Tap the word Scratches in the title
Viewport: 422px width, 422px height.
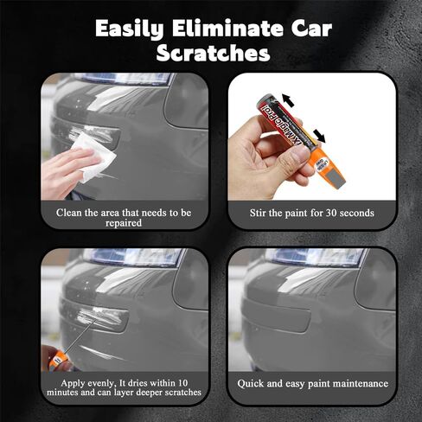point(211,53)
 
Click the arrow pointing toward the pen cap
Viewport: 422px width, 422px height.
point(321,135)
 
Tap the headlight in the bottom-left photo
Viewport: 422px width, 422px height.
point(130,257)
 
